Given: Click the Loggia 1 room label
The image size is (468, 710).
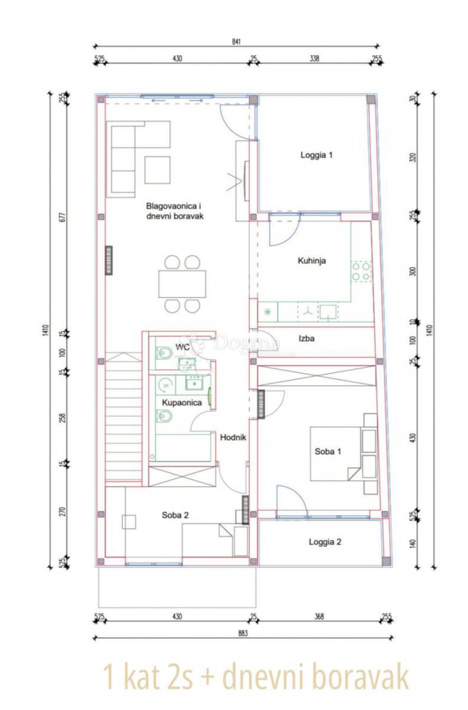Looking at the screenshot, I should (x=317, y=156).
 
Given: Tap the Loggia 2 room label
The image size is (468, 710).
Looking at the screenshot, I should (x=325, y=541).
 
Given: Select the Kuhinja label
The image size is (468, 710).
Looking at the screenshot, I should (x=313, y=260).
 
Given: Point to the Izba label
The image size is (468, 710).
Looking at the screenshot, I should (x=306, y=339).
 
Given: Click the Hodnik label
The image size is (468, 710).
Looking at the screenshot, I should (x=232, y=438).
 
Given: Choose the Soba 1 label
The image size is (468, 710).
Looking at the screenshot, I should (x=328, y=451).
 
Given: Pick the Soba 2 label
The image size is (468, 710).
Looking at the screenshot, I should (x=175, y=515).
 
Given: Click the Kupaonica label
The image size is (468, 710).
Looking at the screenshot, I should (x=183, y=403).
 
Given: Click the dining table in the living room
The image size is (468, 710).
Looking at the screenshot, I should (x=183, y=283).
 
